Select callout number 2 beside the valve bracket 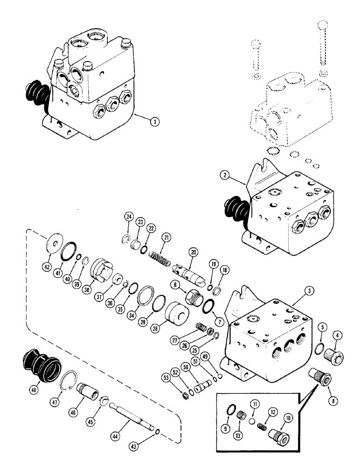tap(226, 175)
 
